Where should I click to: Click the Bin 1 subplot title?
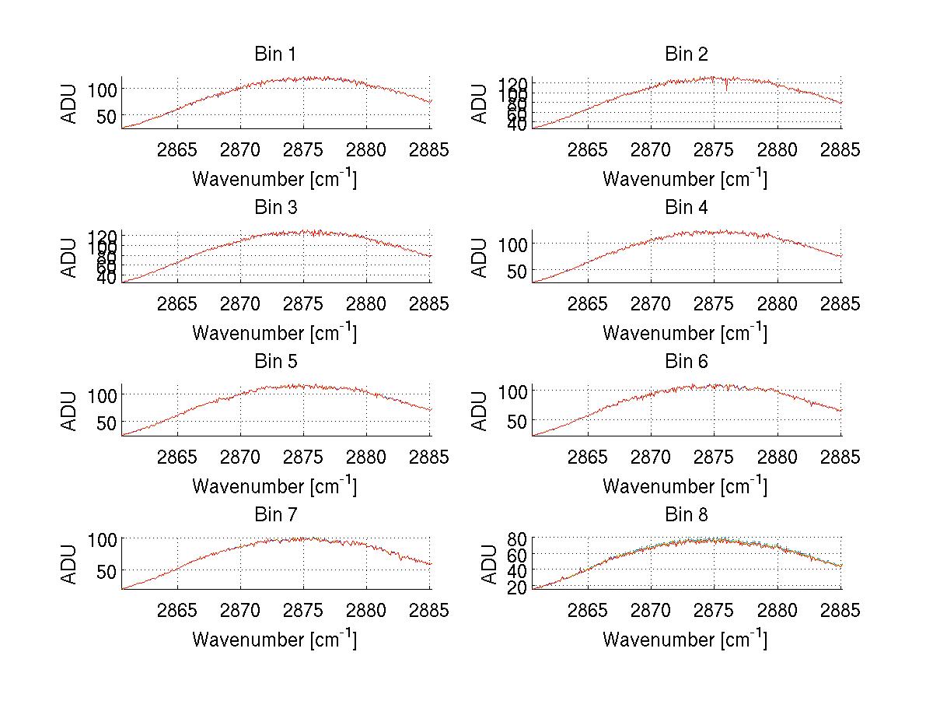274,54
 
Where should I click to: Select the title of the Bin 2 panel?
686,54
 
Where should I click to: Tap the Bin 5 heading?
274,361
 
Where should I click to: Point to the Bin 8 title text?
686,514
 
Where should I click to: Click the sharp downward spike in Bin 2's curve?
727,87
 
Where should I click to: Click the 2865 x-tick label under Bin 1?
177,150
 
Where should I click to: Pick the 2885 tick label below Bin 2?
840,150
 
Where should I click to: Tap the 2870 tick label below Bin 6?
651,457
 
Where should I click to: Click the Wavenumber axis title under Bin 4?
685,333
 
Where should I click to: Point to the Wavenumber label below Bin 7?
274,640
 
